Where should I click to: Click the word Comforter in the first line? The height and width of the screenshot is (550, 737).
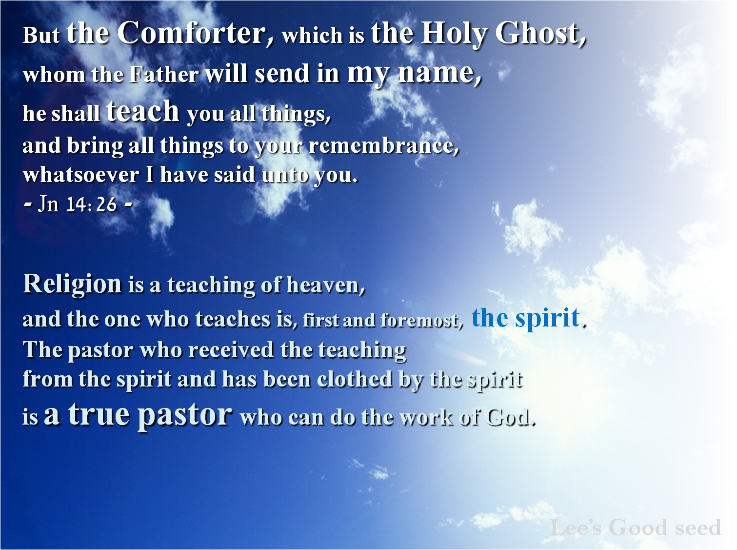pos(196,33)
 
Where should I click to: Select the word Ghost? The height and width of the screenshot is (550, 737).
pos(540,34)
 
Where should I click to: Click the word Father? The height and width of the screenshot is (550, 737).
pos(164,74)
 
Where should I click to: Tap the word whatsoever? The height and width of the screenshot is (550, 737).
pos(81,175)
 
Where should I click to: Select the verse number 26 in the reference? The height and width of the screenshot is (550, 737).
pos(106,204)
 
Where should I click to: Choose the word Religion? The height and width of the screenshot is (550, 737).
pos(72,285)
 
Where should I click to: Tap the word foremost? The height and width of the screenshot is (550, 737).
pos(422,320)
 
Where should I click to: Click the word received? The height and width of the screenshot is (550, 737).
pos(231,350)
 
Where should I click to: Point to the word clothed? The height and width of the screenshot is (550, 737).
pos(355,379)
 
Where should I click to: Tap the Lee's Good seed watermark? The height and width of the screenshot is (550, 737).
pos(636,527)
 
